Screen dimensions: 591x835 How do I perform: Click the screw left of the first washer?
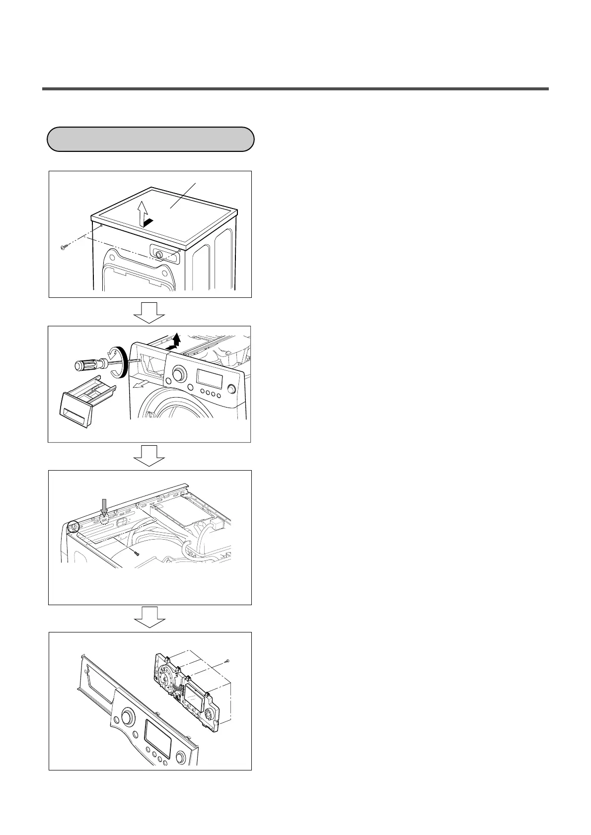63,247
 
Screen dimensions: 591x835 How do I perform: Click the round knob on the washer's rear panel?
159,254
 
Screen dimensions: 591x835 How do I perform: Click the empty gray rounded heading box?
150,139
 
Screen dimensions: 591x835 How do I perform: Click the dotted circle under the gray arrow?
104,519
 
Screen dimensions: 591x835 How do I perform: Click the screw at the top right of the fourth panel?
227,660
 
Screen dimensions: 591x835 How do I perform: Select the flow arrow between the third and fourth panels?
150,617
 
